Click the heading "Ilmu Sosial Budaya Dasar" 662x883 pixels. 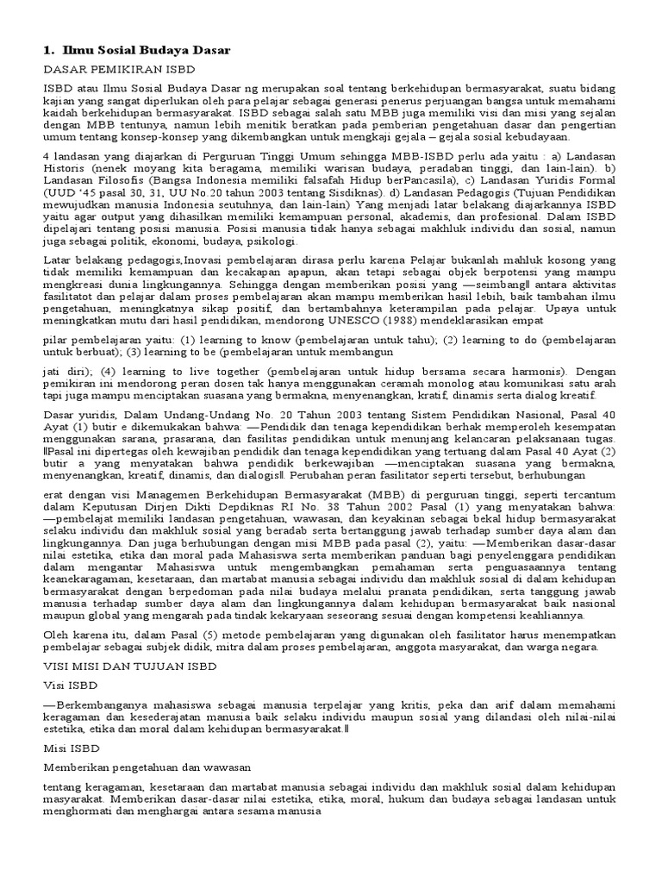[147, 50]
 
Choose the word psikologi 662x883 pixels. [271, 243]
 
